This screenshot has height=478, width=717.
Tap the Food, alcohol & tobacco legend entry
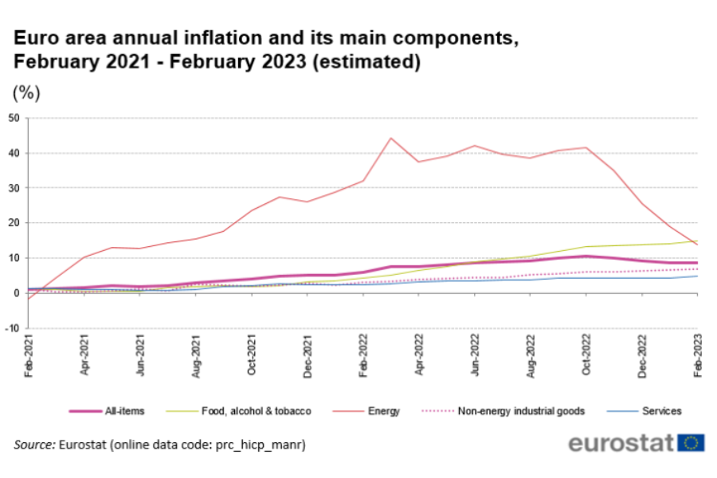[254, 411]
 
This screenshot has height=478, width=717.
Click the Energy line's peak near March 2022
[391, 138]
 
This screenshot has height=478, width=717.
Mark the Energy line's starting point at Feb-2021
[29, 299]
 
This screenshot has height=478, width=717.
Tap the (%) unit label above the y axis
[26, 92]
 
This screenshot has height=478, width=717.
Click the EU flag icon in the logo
[691, 442]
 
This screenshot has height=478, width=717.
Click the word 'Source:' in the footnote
[34, 444]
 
